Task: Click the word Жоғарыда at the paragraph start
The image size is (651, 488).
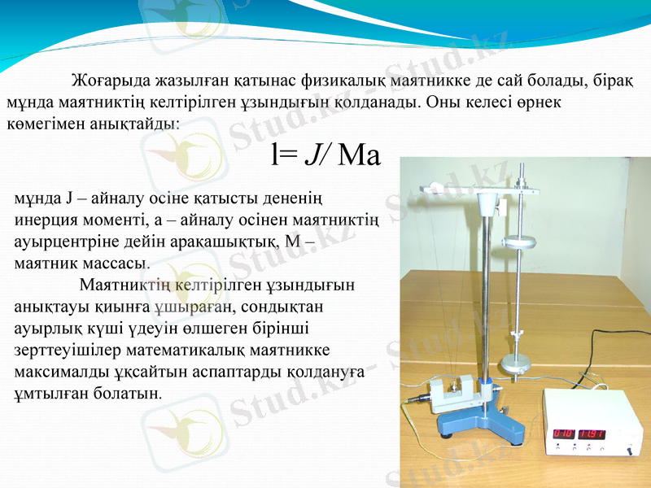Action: click(110, 81)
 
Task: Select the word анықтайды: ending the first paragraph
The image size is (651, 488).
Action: click(142, 124)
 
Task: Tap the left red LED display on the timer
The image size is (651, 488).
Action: click(563, 434)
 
